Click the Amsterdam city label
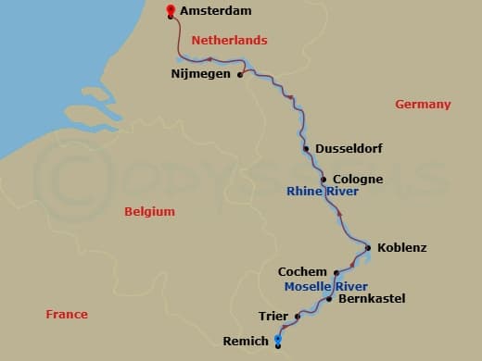(216, 12)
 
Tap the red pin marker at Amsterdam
(170, 11)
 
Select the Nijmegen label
(201, 74)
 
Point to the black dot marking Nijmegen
(240, 75)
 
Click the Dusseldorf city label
(349, 148)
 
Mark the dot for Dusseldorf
(306, 148)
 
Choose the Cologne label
(357, 179)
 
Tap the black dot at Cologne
(323, 179)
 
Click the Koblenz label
(401, 247)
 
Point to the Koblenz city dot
(368, 247)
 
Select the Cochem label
(302, 272)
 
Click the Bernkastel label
(372, 299)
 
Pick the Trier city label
(273, 316)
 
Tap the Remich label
(245, 341)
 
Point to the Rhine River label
(322, 193)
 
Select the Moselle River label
(326, 286)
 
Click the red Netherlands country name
(229, 40)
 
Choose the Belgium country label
(149, 212)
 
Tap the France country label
(67, 315)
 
